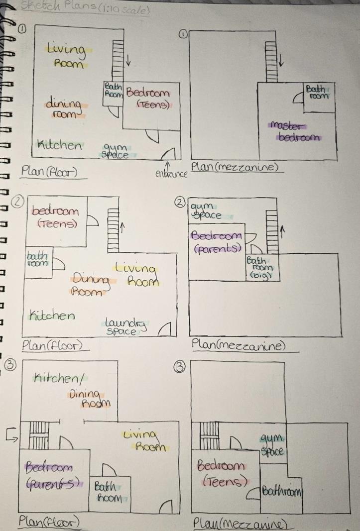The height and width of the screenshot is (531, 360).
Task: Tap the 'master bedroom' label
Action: [294, 132]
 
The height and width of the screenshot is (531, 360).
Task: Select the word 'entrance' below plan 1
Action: [171, 173]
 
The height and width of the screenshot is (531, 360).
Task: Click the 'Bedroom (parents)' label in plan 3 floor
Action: [52, 475]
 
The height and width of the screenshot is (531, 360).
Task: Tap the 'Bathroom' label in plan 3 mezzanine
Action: [282, 492]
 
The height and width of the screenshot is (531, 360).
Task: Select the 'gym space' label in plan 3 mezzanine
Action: [272, 444]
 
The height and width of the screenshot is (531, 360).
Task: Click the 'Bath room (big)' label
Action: [259, 267]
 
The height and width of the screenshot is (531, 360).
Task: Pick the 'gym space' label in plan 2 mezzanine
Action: [206, 211]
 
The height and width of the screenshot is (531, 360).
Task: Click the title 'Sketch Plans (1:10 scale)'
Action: [85, 9]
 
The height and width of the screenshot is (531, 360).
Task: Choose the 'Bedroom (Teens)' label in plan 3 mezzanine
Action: [222, 474]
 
